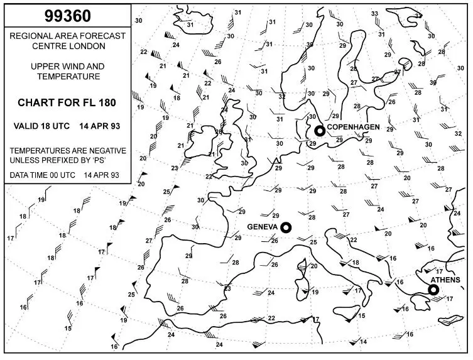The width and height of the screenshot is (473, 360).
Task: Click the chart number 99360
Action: coord(67,14)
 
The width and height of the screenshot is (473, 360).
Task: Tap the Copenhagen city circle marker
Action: coord(319,131)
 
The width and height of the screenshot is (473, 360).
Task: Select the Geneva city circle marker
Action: coord(286,227)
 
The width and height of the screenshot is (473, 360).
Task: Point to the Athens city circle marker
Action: coord(433,290)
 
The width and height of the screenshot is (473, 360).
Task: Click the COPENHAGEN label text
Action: coord(352,126)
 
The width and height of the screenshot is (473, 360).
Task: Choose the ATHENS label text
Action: coord(445,280)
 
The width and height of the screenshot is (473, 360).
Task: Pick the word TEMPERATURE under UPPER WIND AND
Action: coord(68,77)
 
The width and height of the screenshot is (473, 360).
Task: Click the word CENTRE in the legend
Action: coord(50,46)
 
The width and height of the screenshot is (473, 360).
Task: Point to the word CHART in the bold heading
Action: coord(35,102)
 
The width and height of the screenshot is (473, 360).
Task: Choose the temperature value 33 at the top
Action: coord(374,14)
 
